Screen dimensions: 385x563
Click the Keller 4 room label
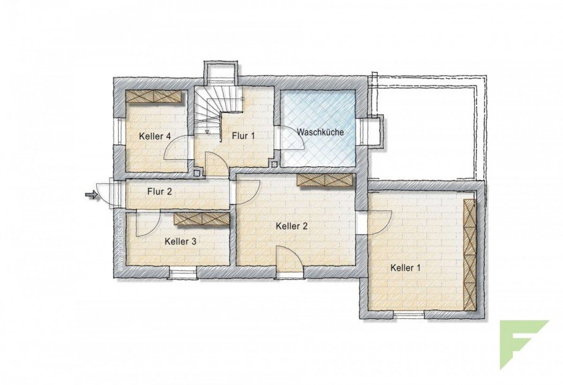154,136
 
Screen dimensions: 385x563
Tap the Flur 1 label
243,136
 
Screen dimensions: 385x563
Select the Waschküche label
320,132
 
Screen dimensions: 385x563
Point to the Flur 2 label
160,192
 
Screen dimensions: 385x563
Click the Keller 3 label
181,242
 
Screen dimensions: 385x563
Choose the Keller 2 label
291,226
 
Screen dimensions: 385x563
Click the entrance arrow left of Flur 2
91,195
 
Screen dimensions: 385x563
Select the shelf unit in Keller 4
155,96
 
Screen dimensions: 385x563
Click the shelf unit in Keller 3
201,219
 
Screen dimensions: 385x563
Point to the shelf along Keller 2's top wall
325,180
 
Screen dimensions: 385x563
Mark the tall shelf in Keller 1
470,254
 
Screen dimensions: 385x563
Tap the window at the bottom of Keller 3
182,273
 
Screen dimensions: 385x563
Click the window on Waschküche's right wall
372,132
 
